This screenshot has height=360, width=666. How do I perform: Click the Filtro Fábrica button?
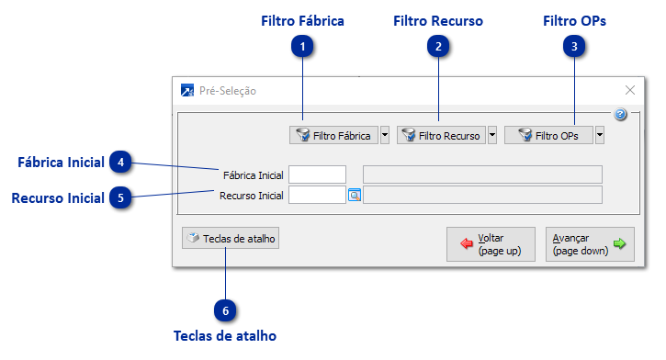(x=333, y=135)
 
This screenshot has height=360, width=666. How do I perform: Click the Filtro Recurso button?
(x=440, y=135)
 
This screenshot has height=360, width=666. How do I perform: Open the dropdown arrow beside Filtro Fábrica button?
(x=385, y=135)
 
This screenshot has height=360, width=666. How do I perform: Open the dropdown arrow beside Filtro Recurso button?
(x=492, y=135)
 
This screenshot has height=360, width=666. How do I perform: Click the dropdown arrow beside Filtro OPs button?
(x=599, y=135)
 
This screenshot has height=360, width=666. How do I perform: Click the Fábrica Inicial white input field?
(x=317, y=174)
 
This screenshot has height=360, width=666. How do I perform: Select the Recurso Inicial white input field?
(x=317, y=195)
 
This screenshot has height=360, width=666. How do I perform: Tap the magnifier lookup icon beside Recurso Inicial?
(x=355, y=195)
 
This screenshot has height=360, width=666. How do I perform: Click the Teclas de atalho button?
(x=230, y=239)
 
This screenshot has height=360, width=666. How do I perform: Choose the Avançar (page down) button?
(x=589, y=244)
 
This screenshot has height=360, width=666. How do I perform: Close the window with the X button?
(x=630, y=90)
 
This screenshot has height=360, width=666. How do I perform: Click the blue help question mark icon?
(x=620, y=115)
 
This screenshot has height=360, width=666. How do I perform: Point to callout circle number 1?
(x=303, y=45)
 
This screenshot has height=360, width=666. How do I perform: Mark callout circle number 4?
(x=121, y=163)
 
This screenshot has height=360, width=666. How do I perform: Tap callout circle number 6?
(x=225, y=311)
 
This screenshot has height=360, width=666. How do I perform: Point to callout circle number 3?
(x=574, y=45)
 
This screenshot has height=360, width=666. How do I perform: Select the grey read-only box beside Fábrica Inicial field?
(x=482, y=174)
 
